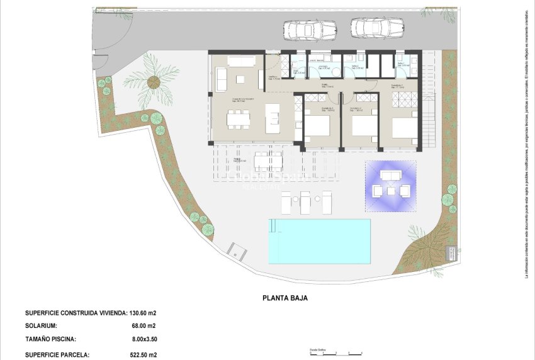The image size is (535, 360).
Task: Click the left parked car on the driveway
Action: click(x=310, y=29)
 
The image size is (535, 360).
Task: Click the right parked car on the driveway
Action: click(x=377, y=28)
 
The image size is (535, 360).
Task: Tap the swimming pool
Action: click(x=319, y=240)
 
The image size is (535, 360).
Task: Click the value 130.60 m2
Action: click(x=143, y=313)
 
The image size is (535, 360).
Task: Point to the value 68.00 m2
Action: click(x=143, y=326)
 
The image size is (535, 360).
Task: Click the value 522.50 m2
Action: click(x=143, y=355)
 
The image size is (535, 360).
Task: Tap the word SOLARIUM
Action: click(x=41, y=326)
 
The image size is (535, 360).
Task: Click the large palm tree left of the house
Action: click(x=152, y=81)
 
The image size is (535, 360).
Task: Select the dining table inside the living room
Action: click(x=239, y=118)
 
